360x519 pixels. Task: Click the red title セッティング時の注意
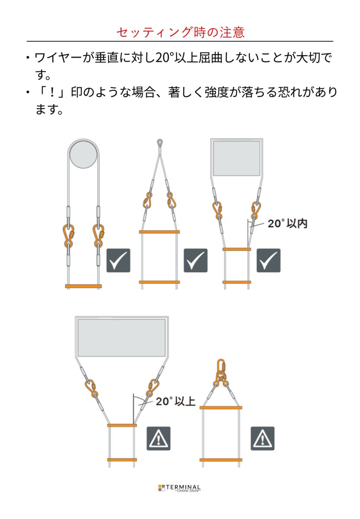click(180, 32)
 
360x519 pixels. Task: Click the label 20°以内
click(287, 224)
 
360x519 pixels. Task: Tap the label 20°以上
click(176, 401)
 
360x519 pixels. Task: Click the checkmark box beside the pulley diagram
click(118, 260)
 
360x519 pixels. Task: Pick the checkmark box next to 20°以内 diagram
click(268, 260)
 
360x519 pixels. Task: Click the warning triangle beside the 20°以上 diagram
click(158, 439)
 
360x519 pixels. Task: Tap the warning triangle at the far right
click(262, 439)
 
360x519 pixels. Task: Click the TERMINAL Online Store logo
click(180, 488)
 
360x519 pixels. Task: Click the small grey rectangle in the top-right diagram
click(237, 158)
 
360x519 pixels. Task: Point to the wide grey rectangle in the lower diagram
click(121, 338)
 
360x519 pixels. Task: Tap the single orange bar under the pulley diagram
click(83, 286)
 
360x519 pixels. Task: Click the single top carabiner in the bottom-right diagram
click(221, 366)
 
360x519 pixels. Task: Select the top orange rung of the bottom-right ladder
click(220, 407)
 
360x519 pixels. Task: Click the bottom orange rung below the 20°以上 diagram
click(122, 459)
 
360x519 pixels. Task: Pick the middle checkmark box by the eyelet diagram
click(195, 260)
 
